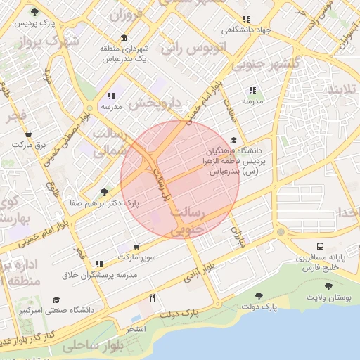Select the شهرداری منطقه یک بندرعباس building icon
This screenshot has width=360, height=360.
[x=124, y=38]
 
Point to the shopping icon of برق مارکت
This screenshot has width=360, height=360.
[x=28, y=134]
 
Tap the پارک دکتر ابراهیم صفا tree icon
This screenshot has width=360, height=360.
[x=105, y=191]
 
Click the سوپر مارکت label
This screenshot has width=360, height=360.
[x=136, y=258]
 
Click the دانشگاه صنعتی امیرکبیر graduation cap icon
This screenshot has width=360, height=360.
[x=56, y=300]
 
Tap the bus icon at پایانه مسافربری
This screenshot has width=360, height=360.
[x=320, y=247]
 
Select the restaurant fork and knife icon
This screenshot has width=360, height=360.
[x=152, y=297]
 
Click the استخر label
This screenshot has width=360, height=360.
[x=136, y=329]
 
